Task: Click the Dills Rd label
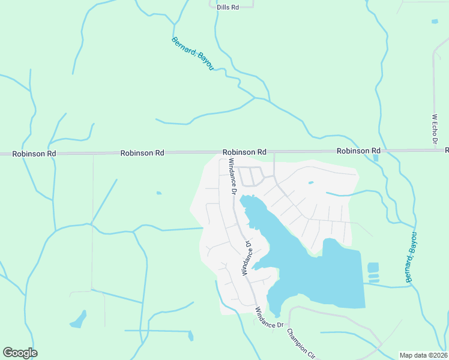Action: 228,7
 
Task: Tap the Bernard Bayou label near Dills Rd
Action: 193,54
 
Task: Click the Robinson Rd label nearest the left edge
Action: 34,154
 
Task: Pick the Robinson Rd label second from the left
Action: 142,153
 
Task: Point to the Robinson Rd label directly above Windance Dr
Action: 244,152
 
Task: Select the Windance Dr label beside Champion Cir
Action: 269,317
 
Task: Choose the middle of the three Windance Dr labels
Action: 246,258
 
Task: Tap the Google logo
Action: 20,353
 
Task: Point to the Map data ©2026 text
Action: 423,355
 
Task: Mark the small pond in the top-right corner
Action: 435,21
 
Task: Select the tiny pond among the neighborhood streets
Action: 310,182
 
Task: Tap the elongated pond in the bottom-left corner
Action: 78,320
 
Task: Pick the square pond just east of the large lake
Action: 373,267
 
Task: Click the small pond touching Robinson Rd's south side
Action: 376,158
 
